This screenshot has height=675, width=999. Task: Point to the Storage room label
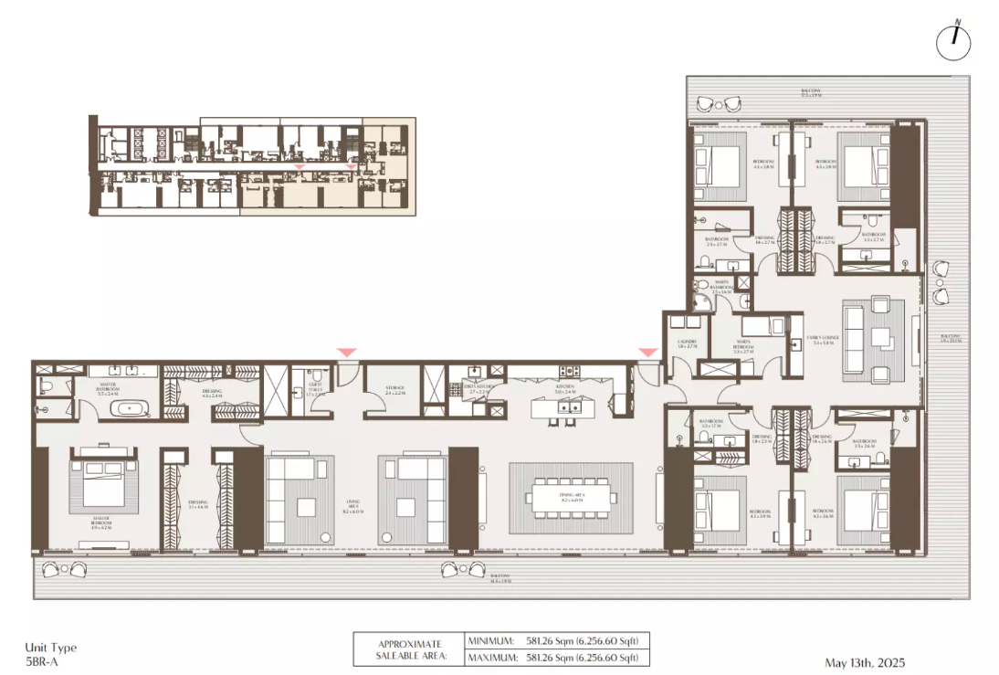click(394, 389)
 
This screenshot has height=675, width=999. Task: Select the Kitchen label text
click(565, 387)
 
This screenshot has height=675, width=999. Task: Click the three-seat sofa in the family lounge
click(855, 338)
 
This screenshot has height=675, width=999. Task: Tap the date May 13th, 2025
click(862, 662)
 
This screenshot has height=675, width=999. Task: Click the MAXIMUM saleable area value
click(579, 657)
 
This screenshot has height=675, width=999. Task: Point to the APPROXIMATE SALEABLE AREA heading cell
click(408, 649)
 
